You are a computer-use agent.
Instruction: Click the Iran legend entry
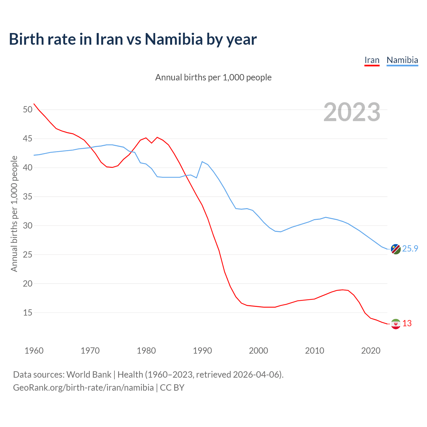[x=372, y=60]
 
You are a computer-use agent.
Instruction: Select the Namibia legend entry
[x=402, y=60]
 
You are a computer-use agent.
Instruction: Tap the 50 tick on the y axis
[x=28, y=109]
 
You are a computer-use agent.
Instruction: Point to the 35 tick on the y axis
[x=28, y=196]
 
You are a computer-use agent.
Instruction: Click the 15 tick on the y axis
[x=28, y=313]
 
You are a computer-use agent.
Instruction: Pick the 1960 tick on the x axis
[x=34, y=351]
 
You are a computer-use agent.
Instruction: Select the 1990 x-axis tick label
[x=202, y=351]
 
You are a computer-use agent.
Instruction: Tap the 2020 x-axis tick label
[x=371, y=351]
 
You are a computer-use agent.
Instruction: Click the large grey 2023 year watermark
[x=352, y=112]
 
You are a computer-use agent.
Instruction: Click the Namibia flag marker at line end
[x=396, y=249]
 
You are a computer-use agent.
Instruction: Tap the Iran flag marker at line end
[x=396, y=324]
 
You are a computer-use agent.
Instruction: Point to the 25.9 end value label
[x=410, y=249]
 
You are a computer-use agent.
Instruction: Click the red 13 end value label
[x=407, y=324]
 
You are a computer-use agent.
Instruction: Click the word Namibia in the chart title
[x=173, y=39]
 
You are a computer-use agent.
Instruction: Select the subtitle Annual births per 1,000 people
[x=213, y=77]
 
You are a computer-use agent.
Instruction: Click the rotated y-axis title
[x=14, y=213]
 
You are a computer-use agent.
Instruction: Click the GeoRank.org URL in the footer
[x=83, y=388]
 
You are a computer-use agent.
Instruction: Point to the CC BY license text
[x=172, y=388]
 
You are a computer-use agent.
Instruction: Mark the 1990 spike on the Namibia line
[x=202, y=161]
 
